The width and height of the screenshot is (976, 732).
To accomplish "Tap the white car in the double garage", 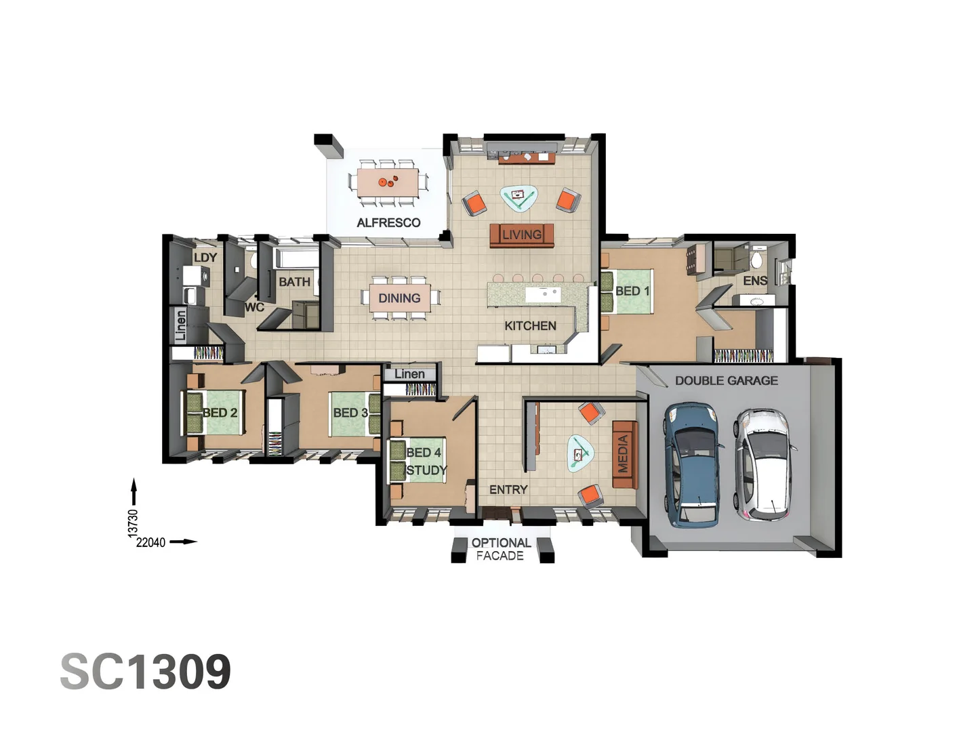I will click(762, 464).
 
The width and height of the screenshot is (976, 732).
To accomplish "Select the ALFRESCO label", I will click(388, 222).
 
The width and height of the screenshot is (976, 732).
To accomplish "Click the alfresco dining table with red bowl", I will click(388, 182).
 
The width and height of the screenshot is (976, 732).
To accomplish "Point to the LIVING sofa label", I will click(521, 235).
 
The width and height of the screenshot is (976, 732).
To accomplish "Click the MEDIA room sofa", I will click(624, 454).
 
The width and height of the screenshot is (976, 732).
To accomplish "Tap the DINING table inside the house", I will click(399, 298).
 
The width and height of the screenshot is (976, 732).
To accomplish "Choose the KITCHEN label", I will click(530, 326).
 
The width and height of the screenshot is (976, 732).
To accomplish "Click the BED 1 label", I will click(632, 291).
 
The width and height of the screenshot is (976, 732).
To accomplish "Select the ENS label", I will click(754, 281).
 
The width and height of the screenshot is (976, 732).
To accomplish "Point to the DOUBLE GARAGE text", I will click(726, 381).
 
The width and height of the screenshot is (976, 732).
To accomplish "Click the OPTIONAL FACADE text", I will click(501, 549).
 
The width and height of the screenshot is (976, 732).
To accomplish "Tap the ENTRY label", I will click(508, 489).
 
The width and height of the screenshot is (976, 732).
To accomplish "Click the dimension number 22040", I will click(150, 542).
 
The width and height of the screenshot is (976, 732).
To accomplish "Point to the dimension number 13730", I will click(134, 523).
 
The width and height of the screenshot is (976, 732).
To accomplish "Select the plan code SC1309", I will click(146, 672).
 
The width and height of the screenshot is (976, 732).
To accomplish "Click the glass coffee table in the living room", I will click(520, 197).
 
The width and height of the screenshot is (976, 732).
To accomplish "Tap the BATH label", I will click(294, 281).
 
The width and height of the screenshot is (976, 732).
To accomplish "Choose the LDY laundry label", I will click(205, 258).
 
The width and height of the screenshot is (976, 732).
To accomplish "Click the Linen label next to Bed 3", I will click(409, 374).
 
